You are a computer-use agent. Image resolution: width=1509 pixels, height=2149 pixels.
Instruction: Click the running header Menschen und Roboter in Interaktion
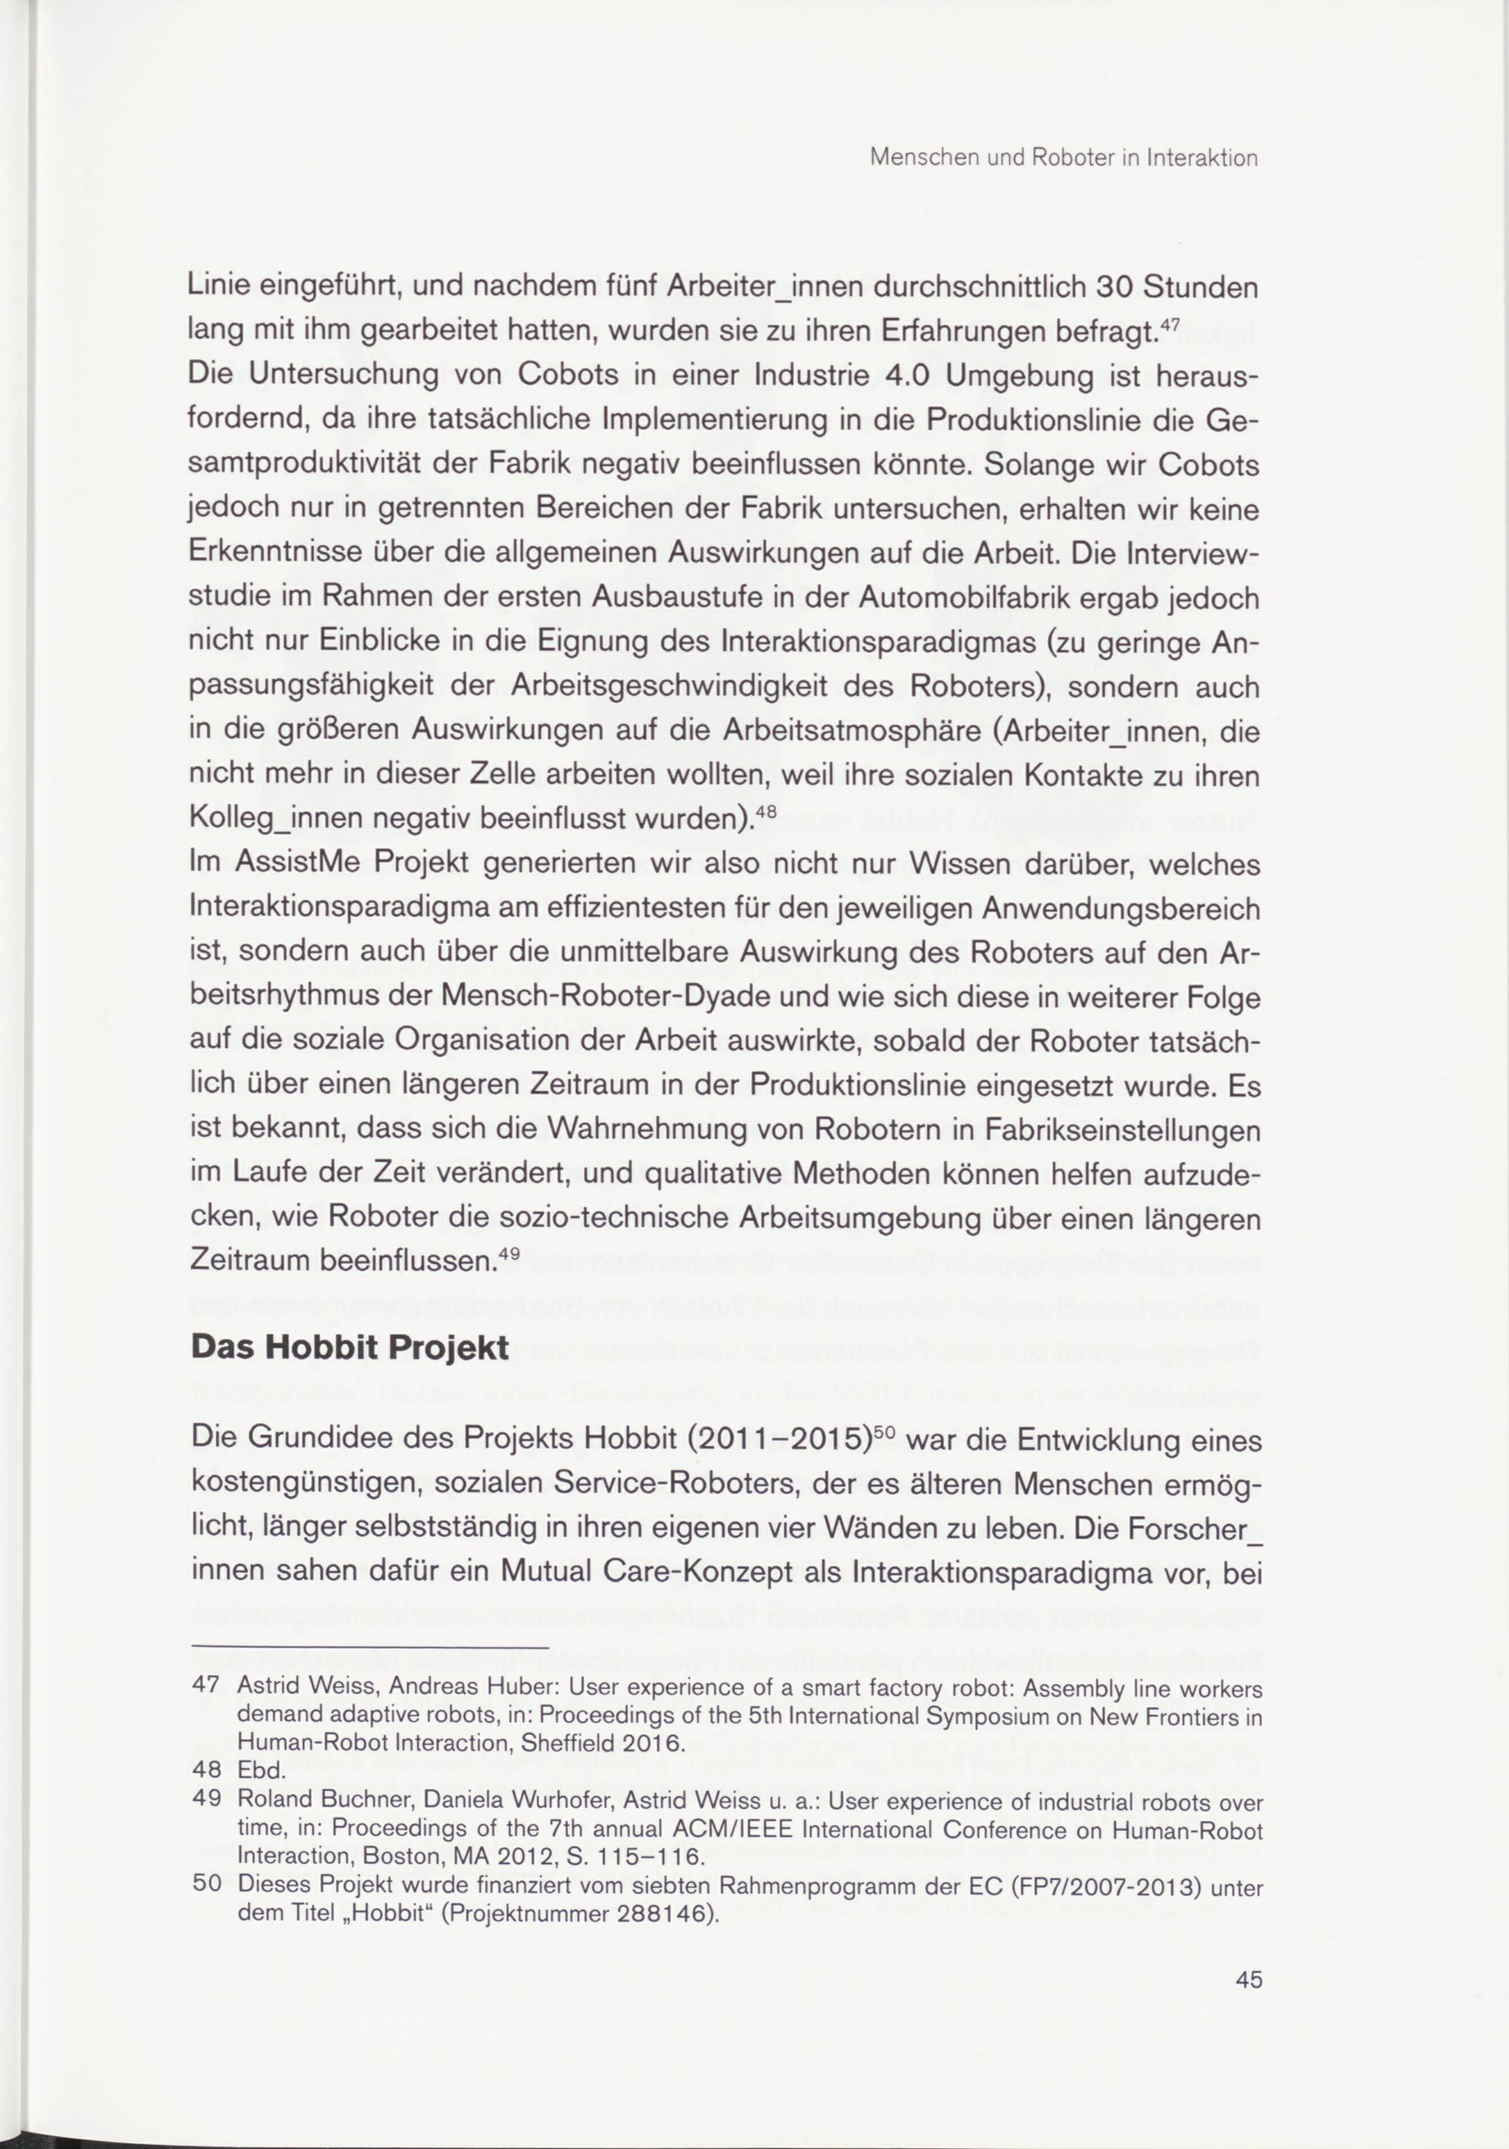tap(1063, 158)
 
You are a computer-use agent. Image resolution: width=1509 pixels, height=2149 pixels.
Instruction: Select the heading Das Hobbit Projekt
tap(350, 1347)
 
